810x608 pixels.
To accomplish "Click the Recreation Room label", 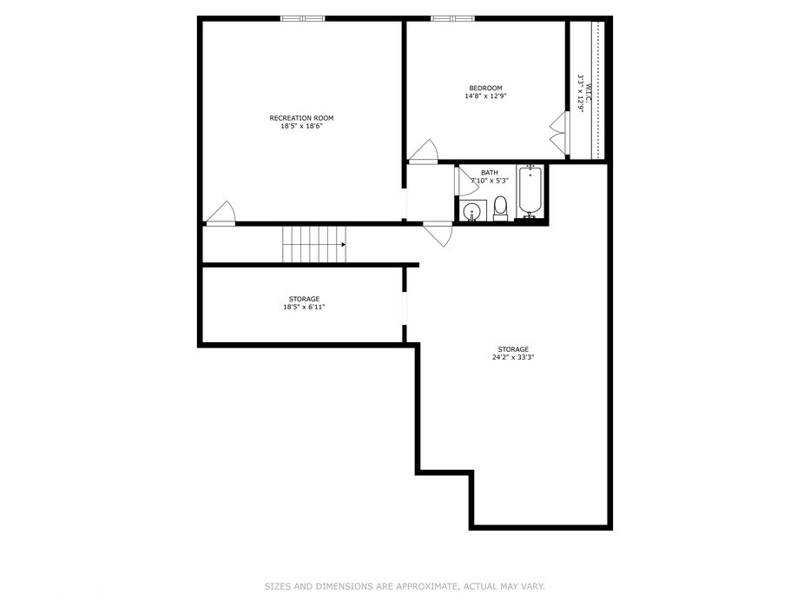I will coord(301,118).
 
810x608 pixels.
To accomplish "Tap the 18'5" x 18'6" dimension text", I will coord(301,127).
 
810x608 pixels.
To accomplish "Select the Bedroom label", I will coord(485,88).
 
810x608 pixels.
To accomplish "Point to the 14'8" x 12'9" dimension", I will coord(485,96).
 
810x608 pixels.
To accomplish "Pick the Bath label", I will coord(490,173).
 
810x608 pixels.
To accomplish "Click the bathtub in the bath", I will coord(530,192).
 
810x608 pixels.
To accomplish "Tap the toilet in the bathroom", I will coord(500,208).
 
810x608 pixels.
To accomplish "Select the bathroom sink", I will coord(473,211).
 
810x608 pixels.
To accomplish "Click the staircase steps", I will coord(313,244).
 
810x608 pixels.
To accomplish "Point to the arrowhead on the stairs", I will coord(344,245).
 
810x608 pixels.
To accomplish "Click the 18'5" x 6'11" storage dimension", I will coord(304,307).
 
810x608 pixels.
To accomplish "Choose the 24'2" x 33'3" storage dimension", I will coord(512,357).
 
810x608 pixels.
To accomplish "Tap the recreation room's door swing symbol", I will coord(222,214).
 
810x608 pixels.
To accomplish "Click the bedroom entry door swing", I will coord(424,151).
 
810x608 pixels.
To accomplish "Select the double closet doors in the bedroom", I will coord(557,133).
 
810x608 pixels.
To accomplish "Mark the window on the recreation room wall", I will coord(302,18).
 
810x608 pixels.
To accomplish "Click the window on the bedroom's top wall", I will coord(453,18).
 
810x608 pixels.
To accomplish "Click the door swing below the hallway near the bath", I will coord(438,235).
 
